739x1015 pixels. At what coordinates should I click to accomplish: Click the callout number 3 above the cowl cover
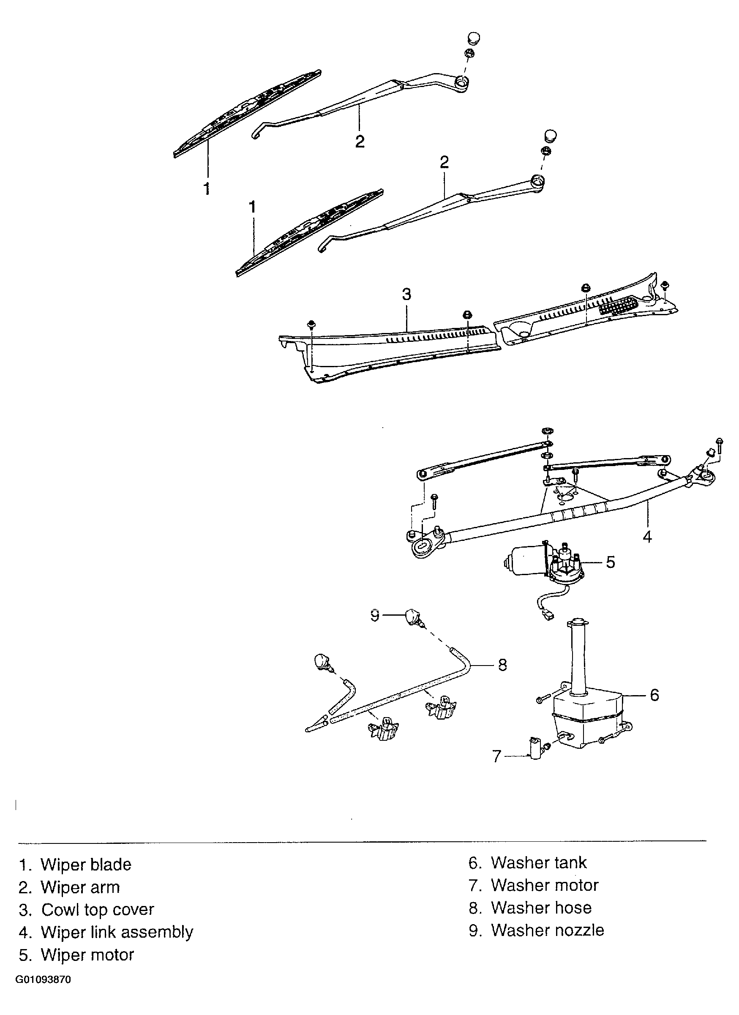pos(406,295)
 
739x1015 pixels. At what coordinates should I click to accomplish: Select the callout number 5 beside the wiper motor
pos(611,562)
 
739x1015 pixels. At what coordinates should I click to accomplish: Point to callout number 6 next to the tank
pos(654,695)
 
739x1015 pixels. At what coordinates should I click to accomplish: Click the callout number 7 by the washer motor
pos(497,756)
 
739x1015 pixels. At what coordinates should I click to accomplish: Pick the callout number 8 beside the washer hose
pos(502,665)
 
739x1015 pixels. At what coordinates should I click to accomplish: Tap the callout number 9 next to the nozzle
pos(375,616)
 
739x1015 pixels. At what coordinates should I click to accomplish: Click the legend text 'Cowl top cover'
pos(98,910)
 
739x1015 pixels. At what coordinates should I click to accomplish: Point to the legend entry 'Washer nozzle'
pos(548,930)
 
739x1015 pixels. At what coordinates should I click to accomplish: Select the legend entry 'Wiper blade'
pos(86,864)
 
